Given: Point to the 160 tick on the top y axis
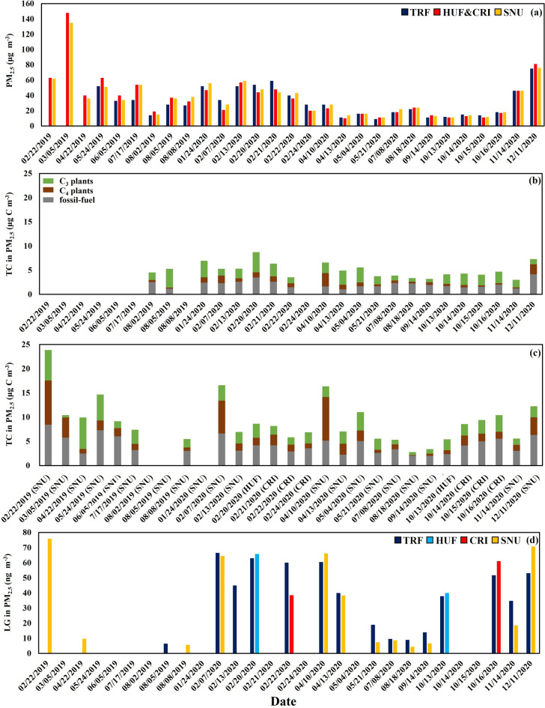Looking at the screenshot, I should tap(28, 4).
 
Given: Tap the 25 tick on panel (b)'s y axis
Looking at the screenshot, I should tap(28, 174).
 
